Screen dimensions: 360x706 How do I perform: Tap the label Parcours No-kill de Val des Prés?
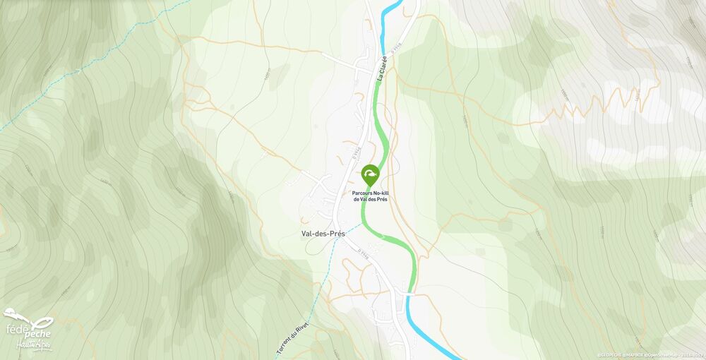pyautogui.click(x=370, y=196)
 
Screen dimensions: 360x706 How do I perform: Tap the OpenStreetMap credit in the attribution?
pyautogui.click(x=668, y=354)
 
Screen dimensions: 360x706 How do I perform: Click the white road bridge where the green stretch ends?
pyautogui.click(x=409, y=292)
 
